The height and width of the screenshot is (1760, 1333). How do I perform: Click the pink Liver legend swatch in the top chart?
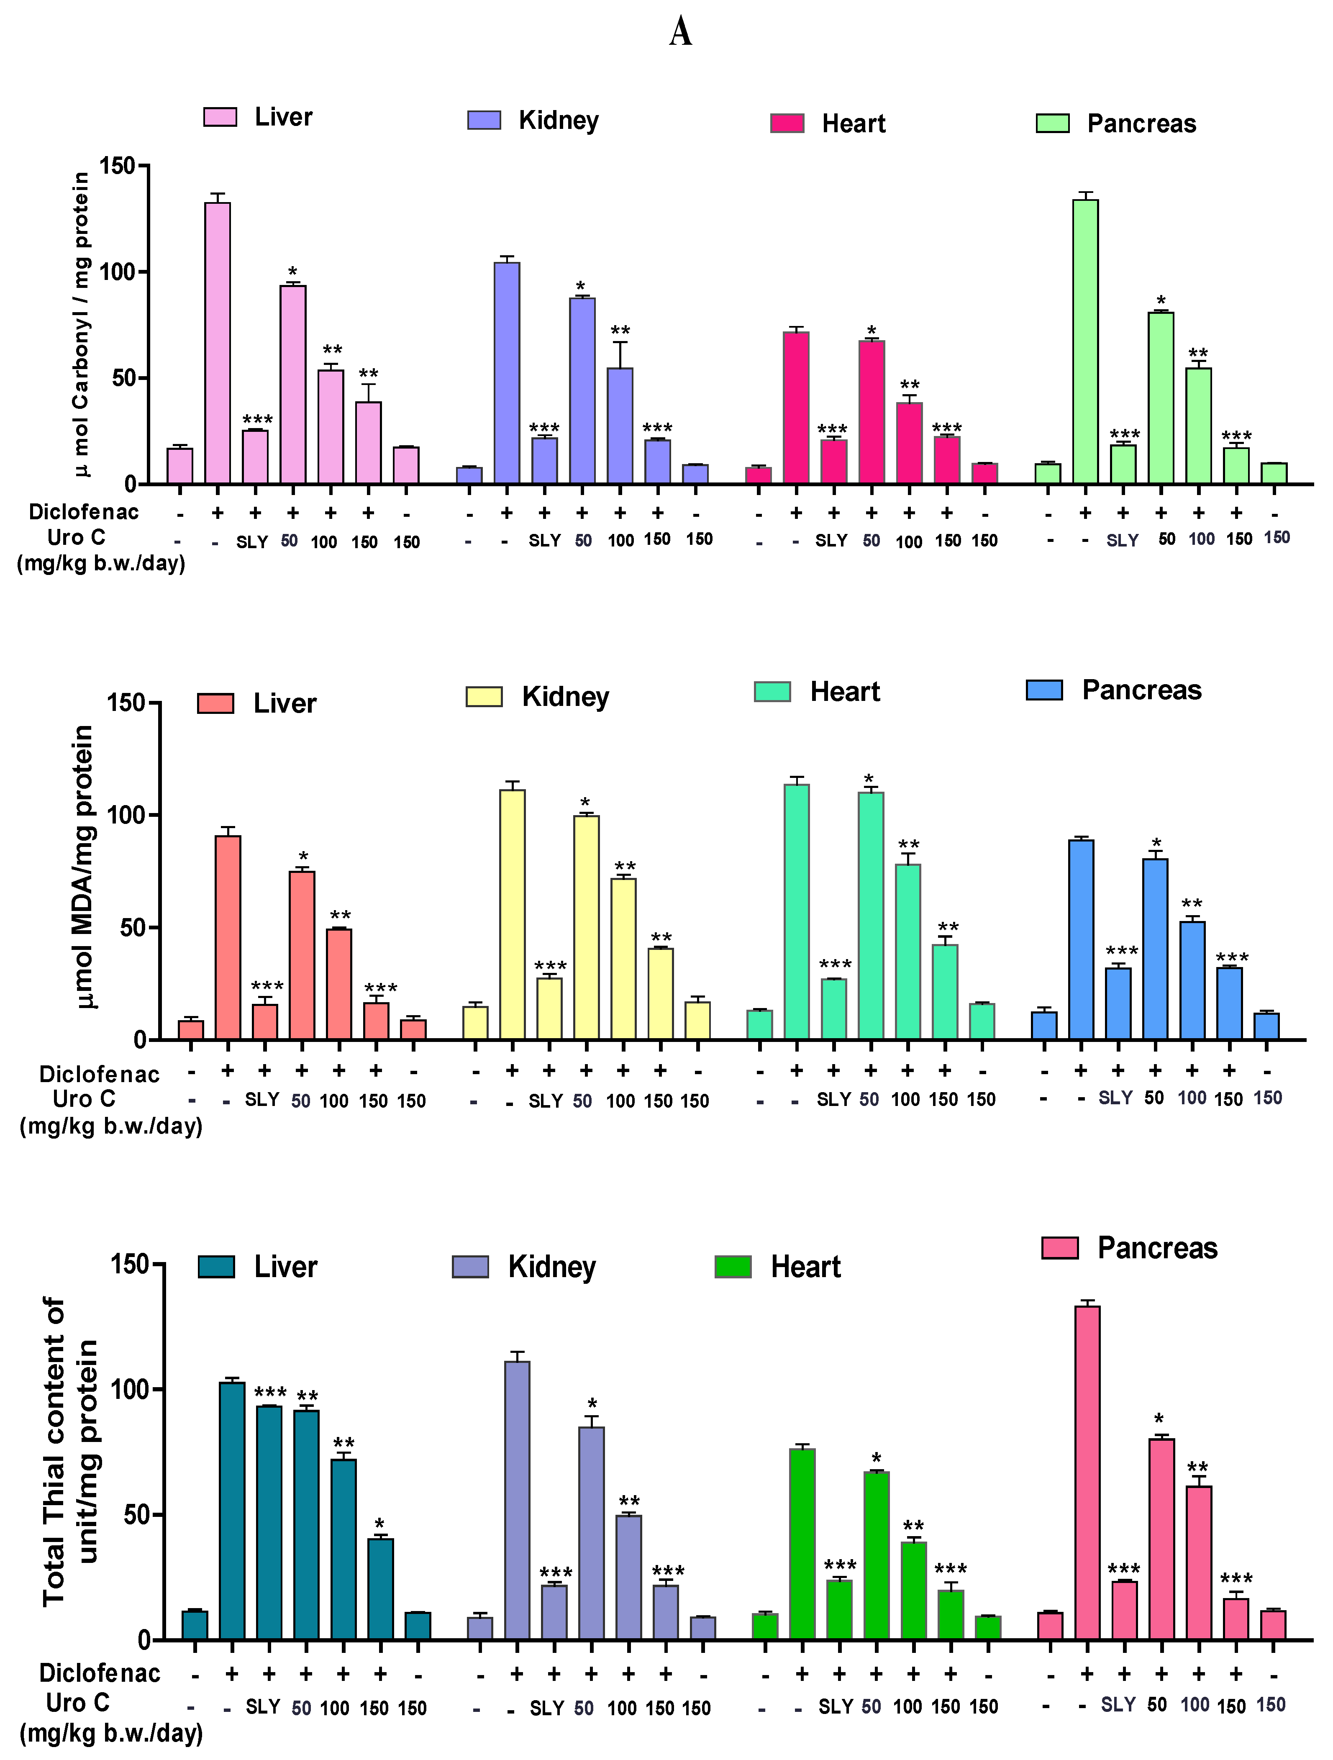220,117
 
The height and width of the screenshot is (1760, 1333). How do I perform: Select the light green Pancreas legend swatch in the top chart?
1052,123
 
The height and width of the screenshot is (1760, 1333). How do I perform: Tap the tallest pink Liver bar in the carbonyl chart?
217,342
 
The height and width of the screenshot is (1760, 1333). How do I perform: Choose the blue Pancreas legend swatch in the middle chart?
1044,690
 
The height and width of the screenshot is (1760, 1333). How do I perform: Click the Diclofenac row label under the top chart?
84,512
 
